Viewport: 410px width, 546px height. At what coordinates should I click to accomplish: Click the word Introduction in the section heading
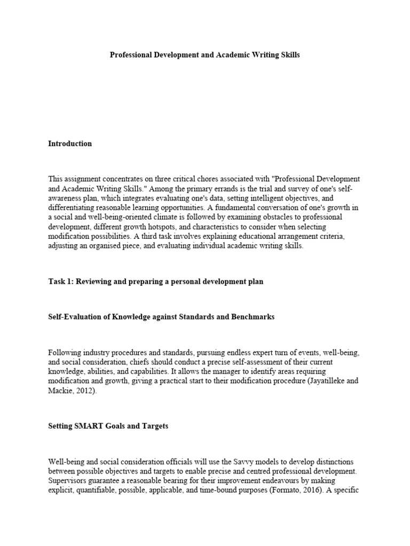pos(70,143)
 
